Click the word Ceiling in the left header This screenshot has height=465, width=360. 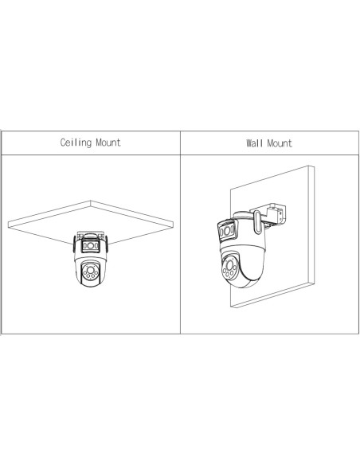[x=76, y=143]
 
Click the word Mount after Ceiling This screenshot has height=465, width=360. [x=108, y=143]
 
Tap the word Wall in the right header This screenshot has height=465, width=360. [x=254, y=143]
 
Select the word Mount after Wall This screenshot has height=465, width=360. [x=280, y=143]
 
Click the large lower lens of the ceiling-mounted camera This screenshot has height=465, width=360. [x=89, y=270]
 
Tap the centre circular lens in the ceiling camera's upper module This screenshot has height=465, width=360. [x=91, y=245]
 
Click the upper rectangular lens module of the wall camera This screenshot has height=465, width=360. [x=227, y=230]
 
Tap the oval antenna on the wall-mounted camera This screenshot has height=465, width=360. [x=257, y=221]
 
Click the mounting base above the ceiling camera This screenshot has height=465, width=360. [x=90, y=236]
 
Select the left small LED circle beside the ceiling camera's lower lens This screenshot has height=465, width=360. [x=84, y=272]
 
